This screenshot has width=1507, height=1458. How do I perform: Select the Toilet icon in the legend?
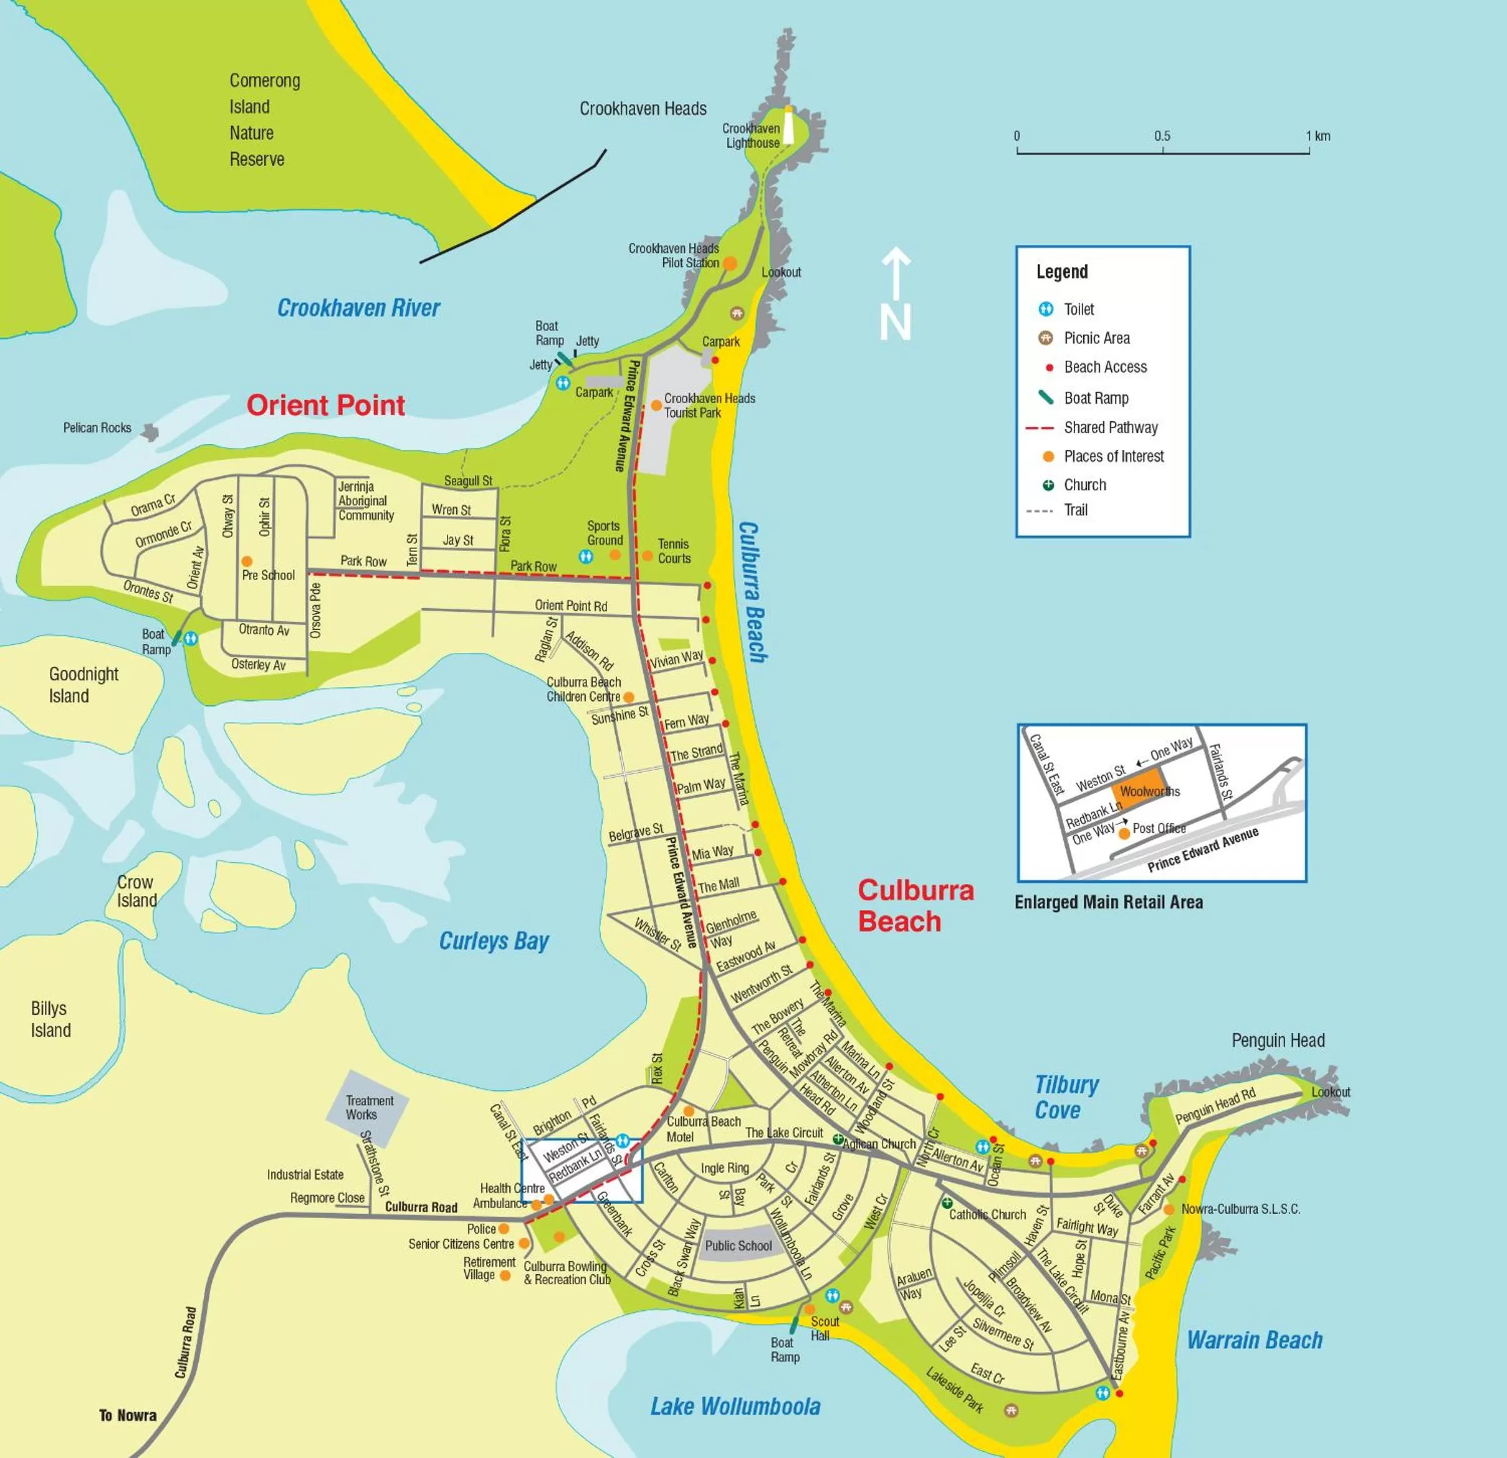[1046, 309]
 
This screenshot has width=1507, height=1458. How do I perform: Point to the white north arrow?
[896, 292]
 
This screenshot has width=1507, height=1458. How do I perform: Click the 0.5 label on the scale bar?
[1162, 136]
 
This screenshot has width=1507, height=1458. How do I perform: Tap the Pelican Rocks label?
[97, 428]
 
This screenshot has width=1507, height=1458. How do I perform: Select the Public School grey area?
[738, 1245]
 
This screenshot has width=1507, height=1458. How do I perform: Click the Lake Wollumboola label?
[735, 1407]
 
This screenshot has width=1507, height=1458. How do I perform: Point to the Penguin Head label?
[1278, 1040]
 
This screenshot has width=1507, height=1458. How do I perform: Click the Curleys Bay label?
[494, 941]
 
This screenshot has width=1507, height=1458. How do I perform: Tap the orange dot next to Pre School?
[247, 561]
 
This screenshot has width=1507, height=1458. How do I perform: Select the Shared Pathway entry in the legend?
[1110, 428]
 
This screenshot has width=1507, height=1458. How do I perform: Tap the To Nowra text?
[128, 1415]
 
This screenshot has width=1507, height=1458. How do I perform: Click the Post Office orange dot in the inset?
[1124, 833]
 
